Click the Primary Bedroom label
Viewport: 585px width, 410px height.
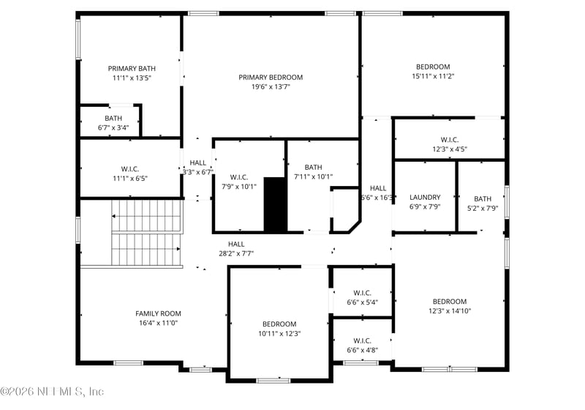(271, 77)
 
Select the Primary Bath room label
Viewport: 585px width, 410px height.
(132, 68)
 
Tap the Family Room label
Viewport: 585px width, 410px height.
(158, 313)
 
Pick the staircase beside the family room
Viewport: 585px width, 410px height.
(146, 233)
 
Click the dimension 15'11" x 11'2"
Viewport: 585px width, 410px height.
(433, 76)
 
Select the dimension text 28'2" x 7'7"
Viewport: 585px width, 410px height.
(235, 254)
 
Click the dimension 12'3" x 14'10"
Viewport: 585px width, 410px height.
(449, 310)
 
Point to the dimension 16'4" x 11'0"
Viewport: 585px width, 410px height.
(158, 323)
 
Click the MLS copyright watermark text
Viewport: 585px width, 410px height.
(53, 392)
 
